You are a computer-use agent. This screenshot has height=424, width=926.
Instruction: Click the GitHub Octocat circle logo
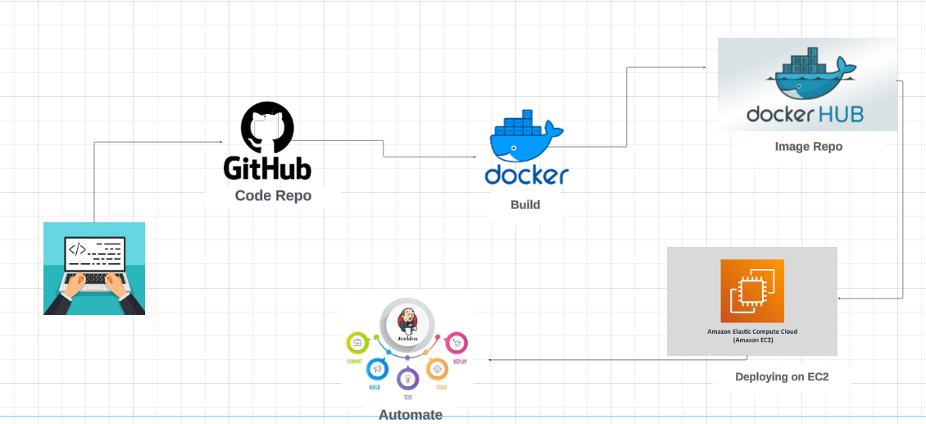(266, 128)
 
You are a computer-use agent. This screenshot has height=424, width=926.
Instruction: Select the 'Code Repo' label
(273, 196)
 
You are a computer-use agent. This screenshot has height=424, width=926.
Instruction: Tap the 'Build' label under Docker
(525, 204)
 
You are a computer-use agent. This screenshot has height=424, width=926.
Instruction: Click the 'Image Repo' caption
(808, 147)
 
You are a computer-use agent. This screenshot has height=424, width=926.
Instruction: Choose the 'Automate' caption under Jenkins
(411, 415)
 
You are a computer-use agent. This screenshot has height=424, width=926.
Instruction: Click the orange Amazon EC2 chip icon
(752, 290)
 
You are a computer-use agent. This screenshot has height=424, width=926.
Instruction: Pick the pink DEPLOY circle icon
(456, 342)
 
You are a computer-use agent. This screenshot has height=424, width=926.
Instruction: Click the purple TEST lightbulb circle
(407, 378)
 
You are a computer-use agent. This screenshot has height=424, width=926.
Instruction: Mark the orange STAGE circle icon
(436, 369)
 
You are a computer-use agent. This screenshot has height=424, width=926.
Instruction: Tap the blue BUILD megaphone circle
(377, 369)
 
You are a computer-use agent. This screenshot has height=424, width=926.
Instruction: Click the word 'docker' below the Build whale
(526, 175)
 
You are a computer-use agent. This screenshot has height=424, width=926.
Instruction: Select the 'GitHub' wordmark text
(267, 167)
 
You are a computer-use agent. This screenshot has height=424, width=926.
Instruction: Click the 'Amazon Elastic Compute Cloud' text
(752, 332)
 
